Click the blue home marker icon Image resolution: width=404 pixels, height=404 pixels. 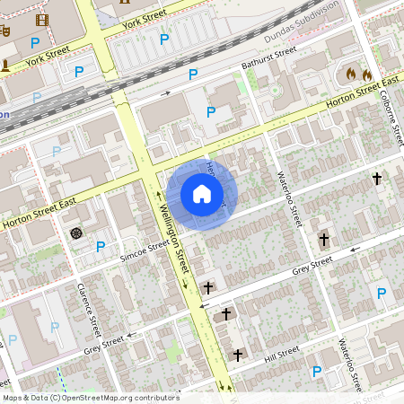click(202, 193)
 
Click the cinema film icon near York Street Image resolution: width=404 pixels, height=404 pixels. click(42, 20)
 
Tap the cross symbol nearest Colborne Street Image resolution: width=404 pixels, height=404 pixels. click(377, 180)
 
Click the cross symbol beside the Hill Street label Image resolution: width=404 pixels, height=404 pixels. click(237, 356)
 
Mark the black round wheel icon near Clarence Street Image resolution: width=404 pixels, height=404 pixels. click(76, 233)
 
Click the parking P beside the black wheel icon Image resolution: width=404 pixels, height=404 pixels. click(101, 246)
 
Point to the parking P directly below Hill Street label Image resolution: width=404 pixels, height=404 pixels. click(315, 372)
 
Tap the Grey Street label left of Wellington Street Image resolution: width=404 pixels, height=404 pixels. click(102, 343)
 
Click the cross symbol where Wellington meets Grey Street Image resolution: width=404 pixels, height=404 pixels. click(208, 287)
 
